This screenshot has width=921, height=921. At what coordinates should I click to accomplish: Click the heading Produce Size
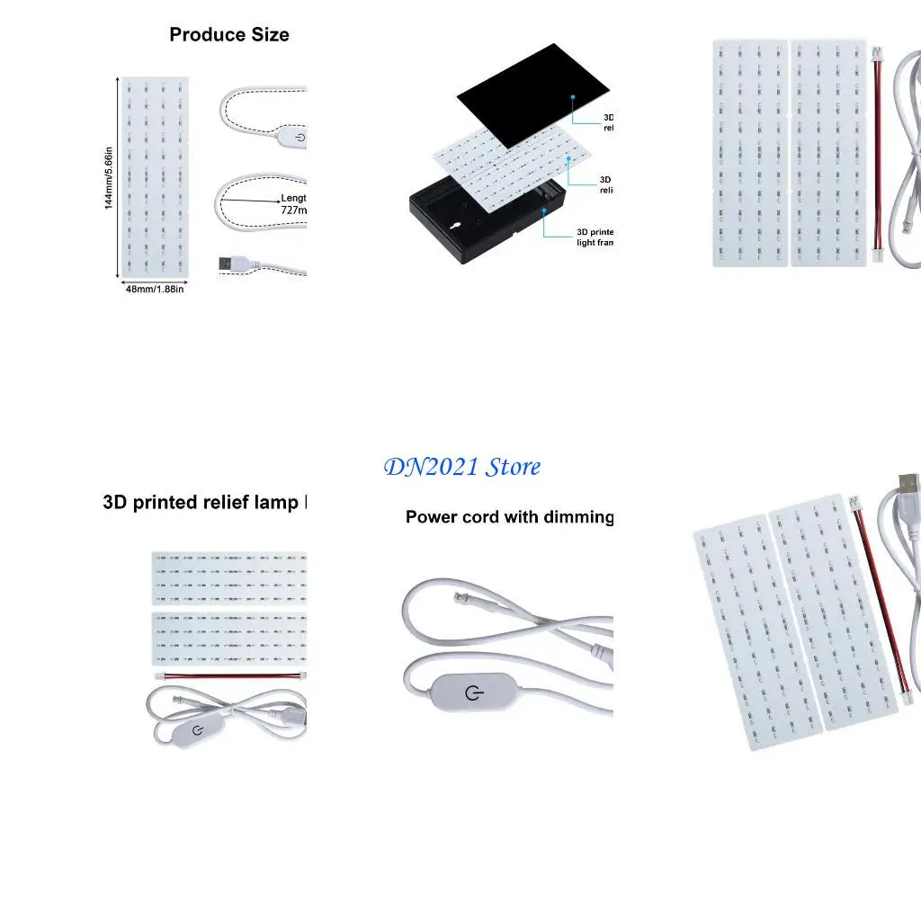pos(229,35)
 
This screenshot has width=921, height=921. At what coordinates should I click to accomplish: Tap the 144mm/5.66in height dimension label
pos(109,177)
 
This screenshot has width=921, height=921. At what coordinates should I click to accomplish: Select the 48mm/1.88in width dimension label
pos(155,289)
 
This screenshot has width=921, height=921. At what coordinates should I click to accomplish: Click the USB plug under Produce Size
pos(232,264)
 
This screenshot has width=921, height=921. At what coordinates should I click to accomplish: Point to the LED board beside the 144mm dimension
pos(155,177)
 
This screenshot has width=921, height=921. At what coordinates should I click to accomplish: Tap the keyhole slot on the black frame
pos(457,226)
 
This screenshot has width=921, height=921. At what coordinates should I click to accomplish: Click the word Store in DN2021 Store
pos(514,467)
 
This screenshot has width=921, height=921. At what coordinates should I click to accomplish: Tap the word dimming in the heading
pos(576,517)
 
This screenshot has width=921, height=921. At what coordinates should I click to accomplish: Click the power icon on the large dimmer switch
pos(473,693)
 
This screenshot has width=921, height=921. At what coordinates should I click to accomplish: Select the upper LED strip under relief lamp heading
pos(229,577)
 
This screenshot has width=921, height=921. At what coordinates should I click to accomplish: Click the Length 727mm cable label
pos(293,204)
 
